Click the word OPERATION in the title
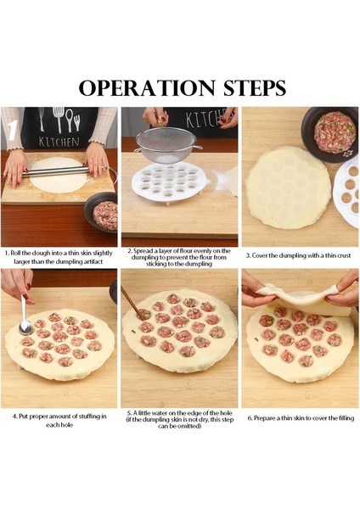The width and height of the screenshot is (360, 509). click(147, 87)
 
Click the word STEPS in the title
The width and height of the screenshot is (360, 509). click(255, 87)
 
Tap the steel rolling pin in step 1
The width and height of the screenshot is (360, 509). click(56, 171)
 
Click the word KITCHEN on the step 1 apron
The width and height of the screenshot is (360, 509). click(59, 142)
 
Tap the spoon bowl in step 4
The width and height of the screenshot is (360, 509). click(25, 327)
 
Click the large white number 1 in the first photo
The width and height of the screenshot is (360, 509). click(12, 130)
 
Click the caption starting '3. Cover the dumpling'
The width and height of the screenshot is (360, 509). click(298, 255)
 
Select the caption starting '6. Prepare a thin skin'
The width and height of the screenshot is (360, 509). click(301, 418)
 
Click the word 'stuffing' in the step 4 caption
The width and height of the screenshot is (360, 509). click(86, 417)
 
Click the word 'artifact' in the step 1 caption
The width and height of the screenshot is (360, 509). click(93, 261)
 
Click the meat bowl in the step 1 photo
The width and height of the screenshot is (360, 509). click(101, 213)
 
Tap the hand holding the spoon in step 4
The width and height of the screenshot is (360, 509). click(19, 285)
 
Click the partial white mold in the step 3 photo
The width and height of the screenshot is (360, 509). click(346, 193)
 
